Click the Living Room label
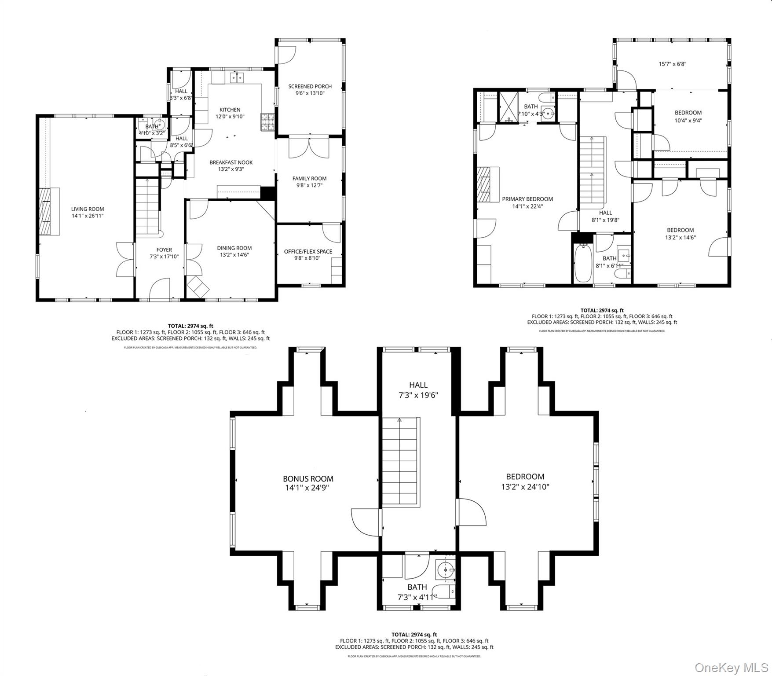(x=88, y=209)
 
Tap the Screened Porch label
(x=310, y=86)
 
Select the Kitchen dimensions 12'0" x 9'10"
(x=230, y=117)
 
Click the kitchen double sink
(x=238, y=78)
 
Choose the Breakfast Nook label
(x=231, y=162)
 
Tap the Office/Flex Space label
(x=308, y=251)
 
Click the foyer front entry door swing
(x=160, y=289)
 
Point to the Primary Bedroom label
(x=527, y=199)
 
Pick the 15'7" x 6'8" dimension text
(x=672, y=64)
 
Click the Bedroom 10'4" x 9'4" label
(x=688, y=113)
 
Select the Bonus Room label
(x=308, y=478)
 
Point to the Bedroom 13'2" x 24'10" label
(x=525, y=477)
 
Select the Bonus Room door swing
(x=365, y=522)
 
